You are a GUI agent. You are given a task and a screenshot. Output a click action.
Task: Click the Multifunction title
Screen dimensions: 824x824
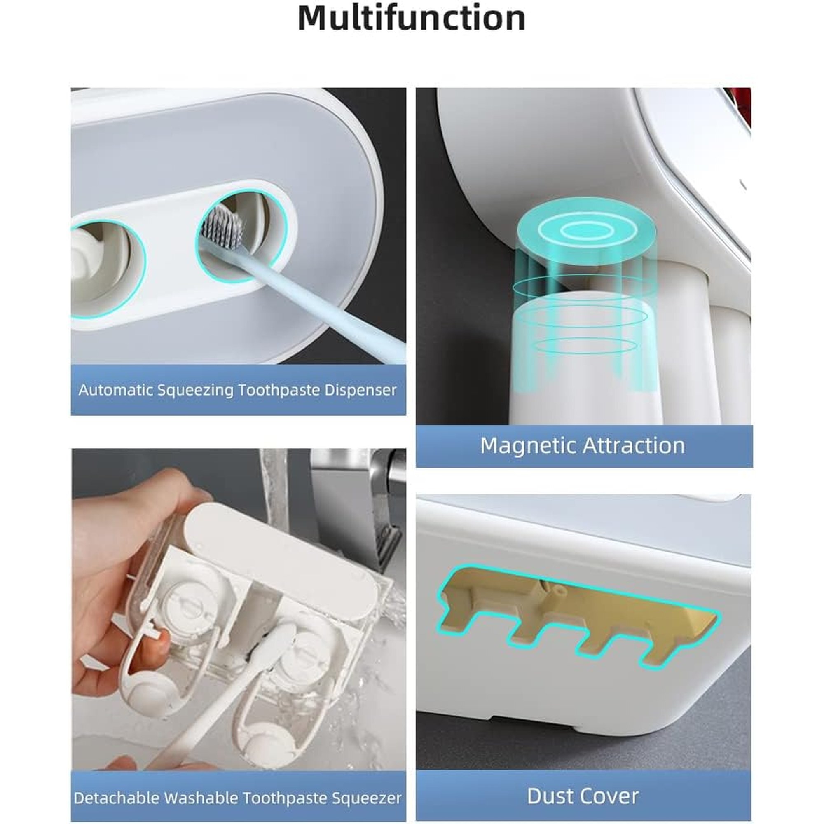coord(412,18)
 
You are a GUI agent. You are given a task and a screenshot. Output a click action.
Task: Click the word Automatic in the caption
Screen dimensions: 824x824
coord(113,390)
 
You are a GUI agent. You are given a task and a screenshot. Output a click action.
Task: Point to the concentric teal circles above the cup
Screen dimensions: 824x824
coord(587,230)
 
